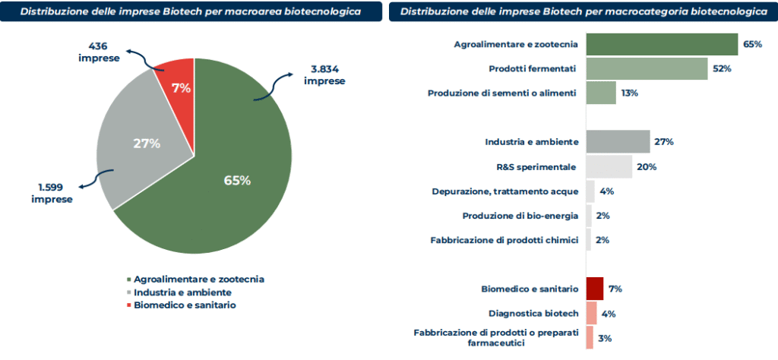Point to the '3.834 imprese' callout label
(x=324, y=75)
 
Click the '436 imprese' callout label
(x=99, y=52)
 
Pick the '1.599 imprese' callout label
(x=52, y=194)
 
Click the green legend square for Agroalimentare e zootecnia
(x=129, y=279)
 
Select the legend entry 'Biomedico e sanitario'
(x=181, y=305)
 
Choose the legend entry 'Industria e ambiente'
(x=179, y=292)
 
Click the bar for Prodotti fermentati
(x=647, y=68)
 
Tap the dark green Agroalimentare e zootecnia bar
(x=663, y=44)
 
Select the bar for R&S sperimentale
(x=609, y=166)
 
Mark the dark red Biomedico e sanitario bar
(x=595, y=289)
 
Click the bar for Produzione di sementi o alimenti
(x=602, y=93)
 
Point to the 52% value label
(x=723, y=69)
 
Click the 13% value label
(x=629, y=93)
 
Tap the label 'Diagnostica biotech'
(x=533, y=314)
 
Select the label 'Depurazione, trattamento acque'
(x=505, y=191)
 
